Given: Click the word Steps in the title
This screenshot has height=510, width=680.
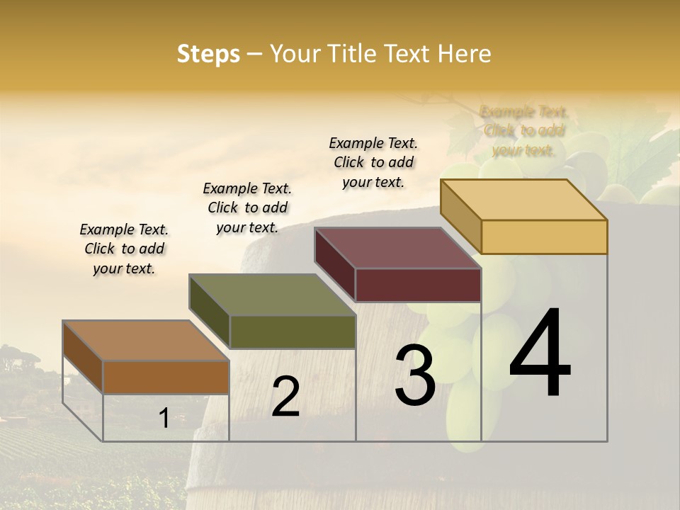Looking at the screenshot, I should (x=208, y=54).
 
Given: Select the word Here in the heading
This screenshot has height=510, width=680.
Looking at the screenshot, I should (x=465, y=54).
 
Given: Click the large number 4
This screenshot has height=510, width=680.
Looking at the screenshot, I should (x=540, y=354).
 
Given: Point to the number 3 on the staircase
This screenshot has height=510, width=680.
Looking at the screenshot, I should (x=415, y=375).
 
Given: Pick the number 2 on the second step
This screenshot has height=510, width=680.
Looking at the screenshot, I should (x=285, y=397).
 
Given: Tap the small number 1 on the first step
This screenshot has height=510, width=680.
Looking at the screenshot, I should (x=164, y=418).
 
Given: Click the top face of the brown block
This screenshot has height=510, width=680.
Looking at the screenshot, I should (x=146, y=341).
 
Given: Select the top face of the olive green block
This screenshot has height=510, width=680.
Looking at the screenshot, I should (x=272, y=295).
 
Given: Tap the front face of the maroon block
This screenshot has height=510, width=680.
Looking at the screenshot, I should (x=418, y=285).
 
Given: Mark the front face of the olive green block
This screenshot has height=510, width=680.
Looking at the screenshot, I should (x=293, y=331).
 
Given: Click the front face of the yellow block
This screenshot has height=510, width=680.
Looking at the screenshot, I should (x=544, y=237).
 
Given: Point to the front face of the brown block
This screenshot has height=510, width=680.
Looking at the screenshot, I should (x=166, y=377).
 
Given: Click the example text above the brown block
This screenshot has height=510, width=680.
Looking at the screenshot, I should (x=124, y=249).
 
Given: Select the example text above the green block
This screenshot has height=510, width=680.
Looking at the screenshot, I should (x=247, y=208).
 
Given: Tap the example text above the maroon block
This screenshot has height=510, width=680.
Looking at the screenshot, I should (x=373, y=162).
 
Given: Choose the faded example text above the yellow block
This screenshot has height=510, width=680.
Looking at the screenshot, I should (x=523, y=130).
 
